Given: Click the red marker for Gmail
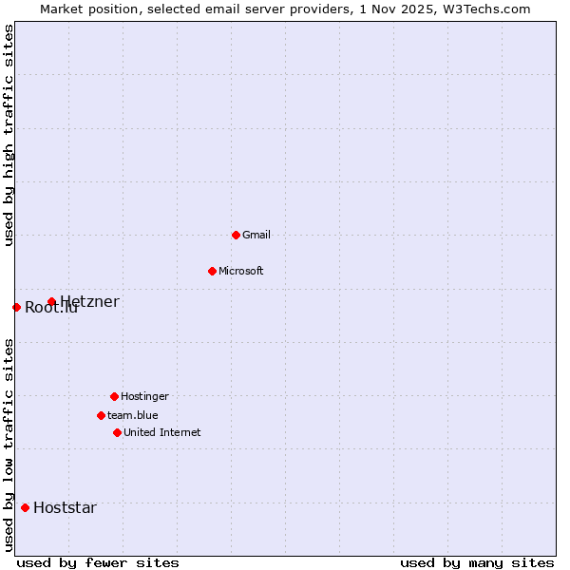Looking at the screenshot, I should (236, 235).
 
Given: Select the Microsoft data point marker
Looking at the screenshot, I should (212, 271).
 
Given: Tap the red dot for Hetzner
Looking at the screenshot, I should (51, 302).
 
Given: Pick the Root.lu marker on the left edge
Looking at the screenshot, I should (16, 307).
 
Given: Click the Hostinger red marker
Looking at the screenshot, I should (114, 396).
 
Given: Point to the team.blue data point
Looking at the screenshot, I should (101, 415).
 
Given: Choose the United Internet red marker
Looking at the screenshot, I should (117, 432).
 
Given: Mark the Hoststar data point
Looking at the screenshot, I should (25, 507).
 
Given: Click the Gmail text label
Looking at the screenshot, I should (256, 235).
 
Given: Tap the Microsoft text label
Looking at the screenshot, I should (241, 271).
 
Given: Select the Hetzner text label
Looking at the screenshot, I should (90, 302).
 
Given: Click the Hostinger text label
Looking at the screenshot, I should (144, 396).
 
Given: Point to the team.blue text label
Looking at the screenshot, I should (133, 415).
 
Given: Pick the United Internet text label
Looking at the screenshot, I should (162, 432).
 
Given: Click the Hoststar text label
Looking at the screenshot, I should (65, 507).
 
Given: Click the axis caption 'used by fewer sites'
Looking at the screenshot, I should (98, 562).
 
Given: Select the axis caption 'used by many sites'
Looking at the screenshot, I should (477, 562).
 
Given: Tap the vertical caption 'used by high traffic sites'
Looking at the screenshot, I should (9, 135).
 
